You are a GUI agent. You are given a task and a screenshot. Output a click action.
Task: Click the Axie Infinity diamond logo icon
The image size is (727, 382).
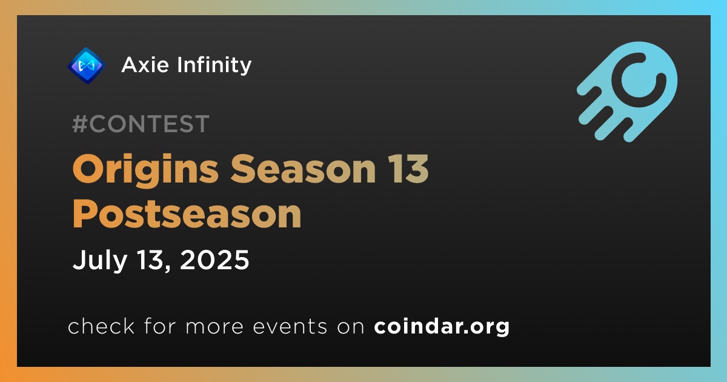[86, 65]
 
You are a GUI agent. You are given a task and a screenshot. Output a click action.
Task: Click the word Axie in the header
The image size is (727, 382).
[145, 65]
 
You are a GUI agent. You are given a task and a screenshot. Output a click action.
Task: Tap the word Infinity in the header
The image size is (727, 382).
[214, 65]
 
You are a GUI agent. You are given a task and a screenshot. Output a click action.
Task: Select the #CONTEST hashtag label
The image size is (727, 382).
[141, 124]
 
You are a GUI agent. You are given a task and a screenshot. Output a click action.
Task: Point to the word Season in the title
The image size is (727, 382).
[303, 169]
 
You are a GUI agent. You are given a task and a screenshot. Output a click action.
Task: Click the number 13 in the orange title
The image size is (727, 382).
[408, 169]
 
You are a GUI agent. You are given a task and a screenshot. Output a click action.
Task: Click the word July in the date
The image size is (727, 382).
[99, 261]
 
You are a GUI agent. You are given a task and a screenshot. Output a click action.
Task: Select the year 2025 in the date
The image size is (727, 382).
[214, 260]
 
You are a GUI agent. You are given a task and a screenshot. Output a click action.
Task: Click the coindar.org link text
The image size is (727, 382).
[442, 326]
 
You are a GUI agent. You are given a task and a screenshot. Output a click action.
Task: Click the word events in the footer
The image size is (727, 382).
[290, 326]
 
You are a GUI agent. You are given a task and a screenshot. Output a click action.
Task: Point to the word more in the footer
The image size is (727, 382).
[214, 326]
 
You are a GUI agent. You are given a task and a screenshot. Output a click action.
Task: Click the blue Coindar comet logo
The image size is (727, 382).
[627, 92]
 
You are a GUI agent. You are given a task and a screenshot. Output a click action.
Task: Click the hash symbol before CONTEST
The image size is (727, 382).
[80, 124]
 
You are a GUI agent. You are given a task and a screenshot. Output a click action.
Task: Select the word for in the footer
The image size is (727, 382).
[160, 325]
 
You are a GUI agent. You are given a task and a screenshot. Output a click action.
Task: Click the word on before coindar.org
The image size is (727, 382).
[351, 326]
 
